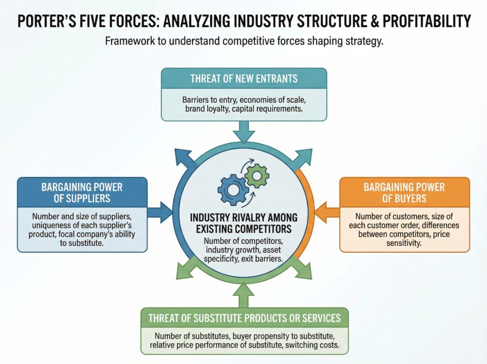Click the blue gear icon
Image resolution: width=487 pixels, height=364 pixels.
click(x=233, y=189)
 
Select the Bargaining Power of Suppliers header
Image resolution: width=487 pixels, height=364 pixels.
click(x=82, y=192)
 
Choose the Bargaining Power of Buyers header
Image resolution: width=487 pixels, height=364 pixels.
click(x=404, y=192)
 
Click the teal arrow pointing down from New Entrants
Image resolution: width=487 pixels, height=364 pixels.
click(x=243, y=131)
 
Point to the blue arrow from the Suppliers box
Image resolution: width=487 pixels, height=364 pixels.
click(x=162, y=212)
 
